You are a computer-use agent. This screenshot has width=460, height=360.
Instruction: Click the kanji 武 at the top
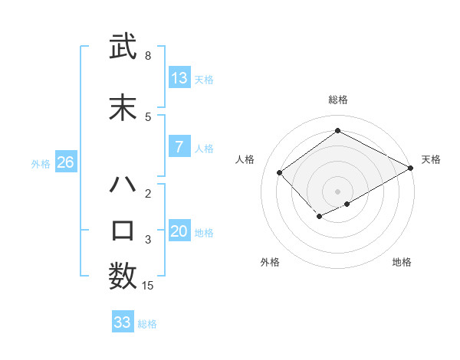(x=123, y=48)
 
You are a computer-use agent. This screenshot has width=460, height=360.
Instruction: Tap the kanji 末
(x=123, y=108)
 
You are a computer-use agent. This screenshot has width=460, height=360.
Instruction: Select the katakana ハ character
(x=123, y=185)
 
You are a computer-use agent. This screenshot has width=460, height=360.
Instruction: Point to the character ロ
(x=123, y=231)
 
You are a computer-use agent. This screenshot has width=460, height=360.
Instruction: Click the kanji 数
(x=123, y=276)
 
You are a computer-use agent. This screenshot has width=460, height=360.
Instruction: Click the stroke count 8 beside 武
(x=148, y=56)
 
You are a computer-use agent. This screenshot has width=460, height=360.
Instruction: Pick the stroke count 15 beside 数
(x=148, y=286)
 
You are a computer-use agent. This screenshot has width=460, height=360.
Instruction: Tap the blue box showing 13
(x=179, y=78)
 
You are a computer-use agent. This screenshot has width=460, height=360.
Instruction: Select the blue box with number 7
(x=179, y=147)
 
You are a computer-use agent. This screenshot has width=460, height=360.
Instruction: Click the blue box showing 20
(x=179, y=231)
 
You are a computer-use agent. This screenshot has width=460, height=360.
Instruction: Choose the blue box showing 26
(x=65, y=162)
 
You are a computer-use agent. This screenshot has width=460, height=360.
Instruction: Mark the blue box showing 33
(x=123, y=322)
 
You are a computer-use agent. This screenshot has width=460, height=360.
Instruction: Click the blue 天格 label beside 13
(x=204, y=80)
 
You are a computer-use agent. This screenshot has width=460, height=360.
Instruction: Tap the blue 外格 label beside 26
(x=41, y=164)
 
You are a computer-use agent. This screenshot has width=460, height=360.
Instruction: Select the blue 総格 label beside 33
(x=147, y=324)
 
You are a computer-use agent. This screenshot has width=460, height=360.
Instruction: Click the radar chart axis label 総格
(x=337, y=100)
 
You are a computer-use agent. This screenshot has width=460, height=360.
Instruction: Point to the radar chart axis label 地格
(x=402, y=262)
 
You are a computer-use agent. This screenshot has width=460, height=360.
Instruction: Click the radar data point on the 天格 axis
(x=411, y=169)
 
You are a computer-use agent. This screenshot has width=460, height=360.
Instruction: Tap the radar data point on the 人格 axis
(x=280, y=172)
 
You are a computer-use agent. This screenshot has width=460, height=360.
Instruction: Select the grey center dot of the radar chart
(x=337, y=191)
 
